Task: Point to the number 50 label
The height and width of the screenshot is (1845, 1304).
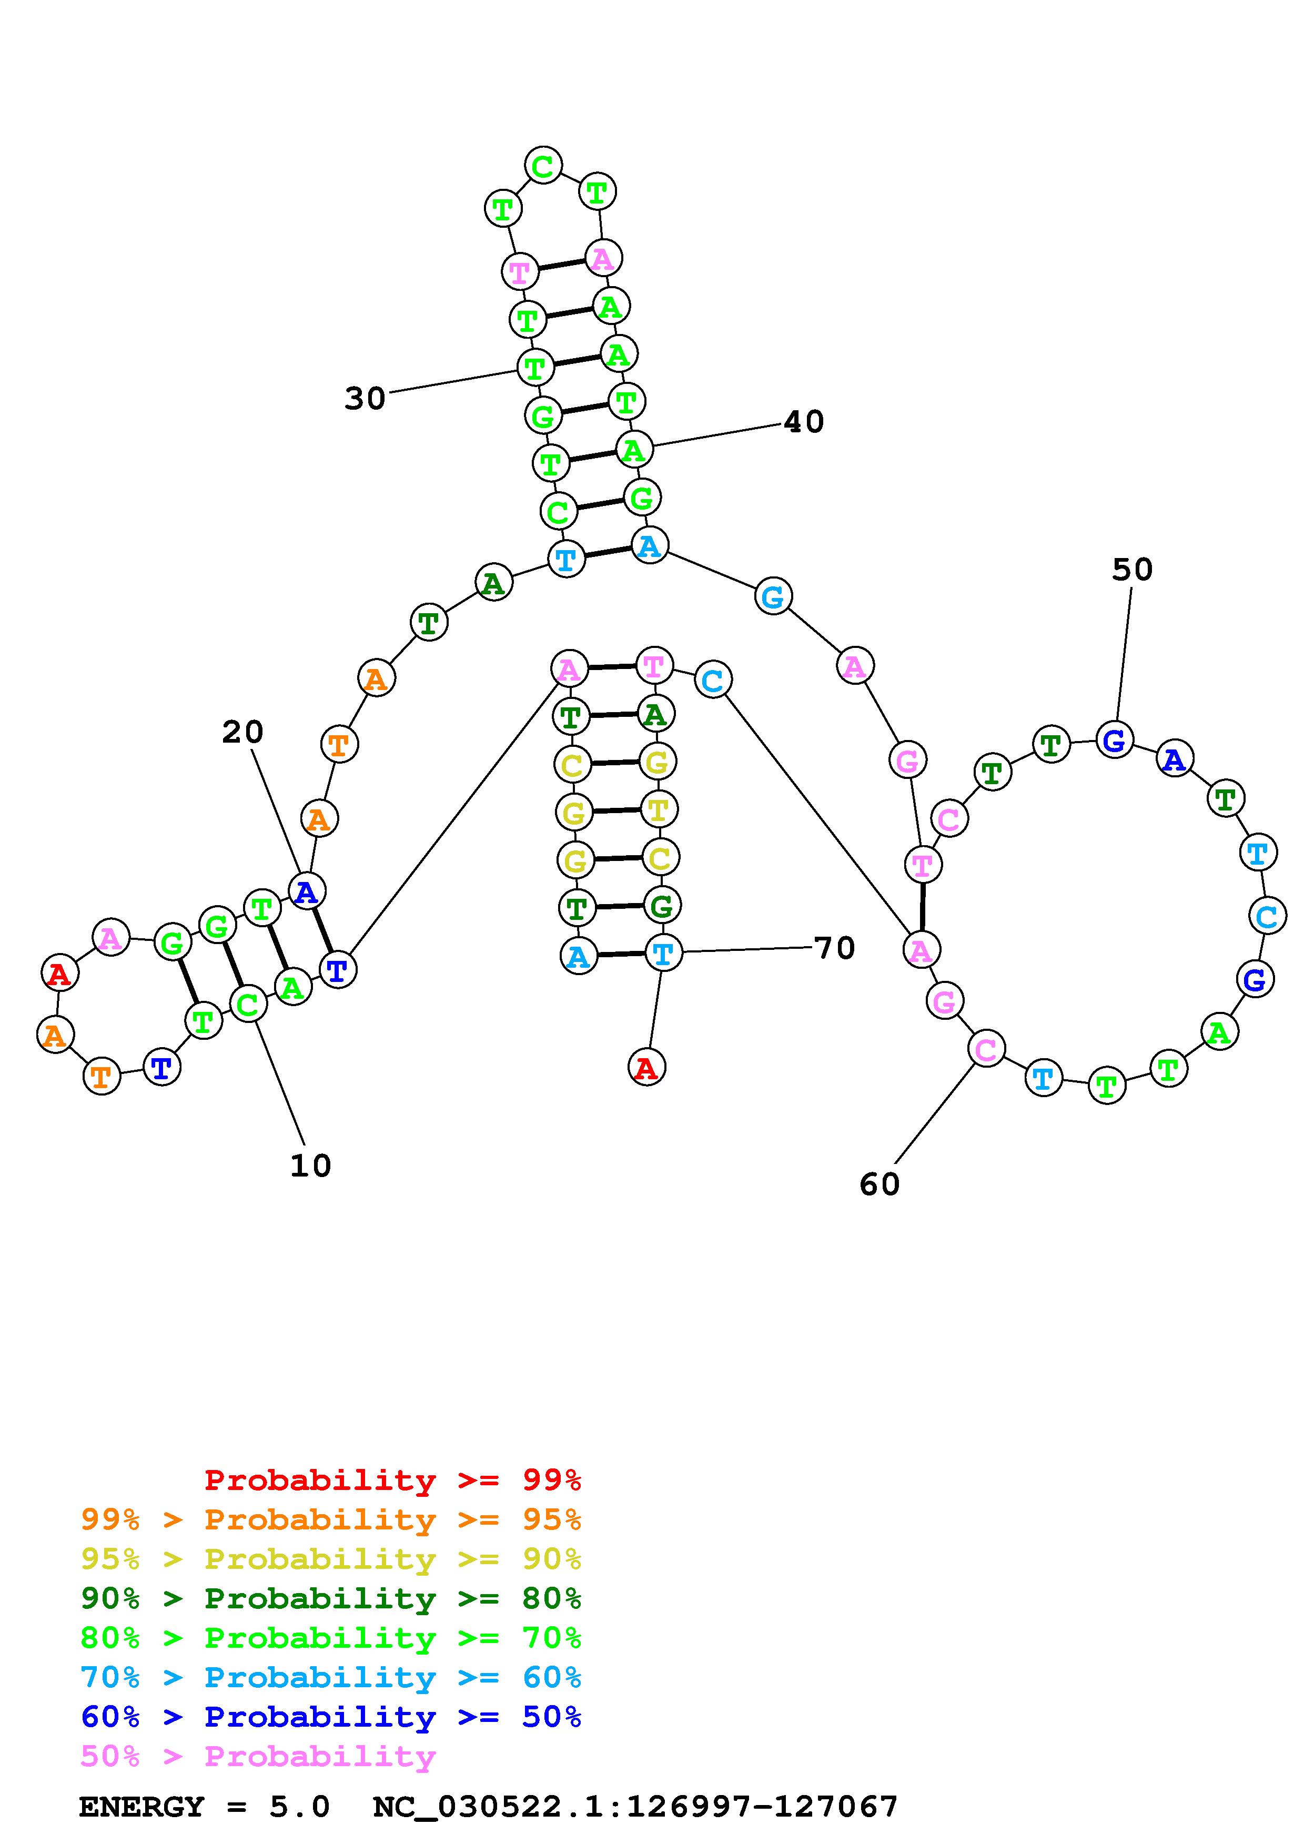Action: click(1132, 570)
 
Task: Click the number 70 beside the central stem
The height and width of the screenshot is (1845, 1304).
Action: click(834, 948)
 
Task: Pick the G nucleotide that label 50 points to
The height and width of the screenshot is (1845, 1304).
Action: click(1115, 740)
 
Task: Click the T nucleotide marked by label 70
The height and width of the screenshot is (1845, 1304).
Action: click(663, 954)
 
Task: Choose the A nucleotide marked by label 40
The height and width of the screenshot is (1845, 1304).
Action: click(634, 450)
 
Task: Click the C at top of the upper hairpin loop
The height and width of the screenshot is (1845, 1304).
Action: click(543, 166)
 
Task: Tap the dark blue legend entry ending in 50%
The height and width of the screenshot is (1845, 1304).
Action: click(330, 1717)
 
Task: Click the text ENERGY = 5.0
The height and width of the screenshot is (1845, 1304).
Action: click(204, 1807)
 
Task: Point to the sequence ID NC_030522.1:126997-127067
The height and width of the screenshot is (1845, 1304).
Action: click(635, 1807)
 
